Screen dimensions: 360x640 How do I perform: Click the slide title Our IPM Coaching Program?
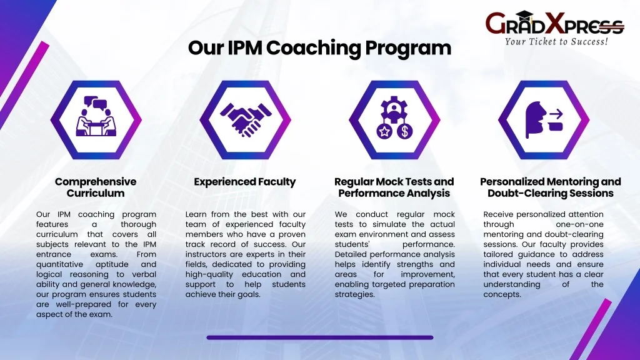pos(319,48)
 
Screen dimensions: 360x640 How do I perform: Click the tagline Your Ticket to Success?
pos(556,42)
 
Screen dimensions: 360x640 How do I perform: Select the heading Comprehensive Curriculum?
pos(96,187)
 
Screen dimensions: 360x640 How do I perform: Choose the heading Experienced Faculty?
pos(245,182)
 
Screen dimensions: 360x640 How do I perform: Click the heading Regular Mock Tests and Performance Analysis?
pos(394,187)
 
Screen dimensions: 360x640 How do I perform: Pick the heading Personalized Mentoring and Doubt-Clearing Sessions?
pos(551,187)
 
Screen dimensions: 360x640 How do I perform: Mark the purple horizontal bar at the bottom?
pos(319,337)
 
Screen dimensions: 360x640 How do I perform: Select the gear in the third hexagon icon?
pos(394,107)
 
